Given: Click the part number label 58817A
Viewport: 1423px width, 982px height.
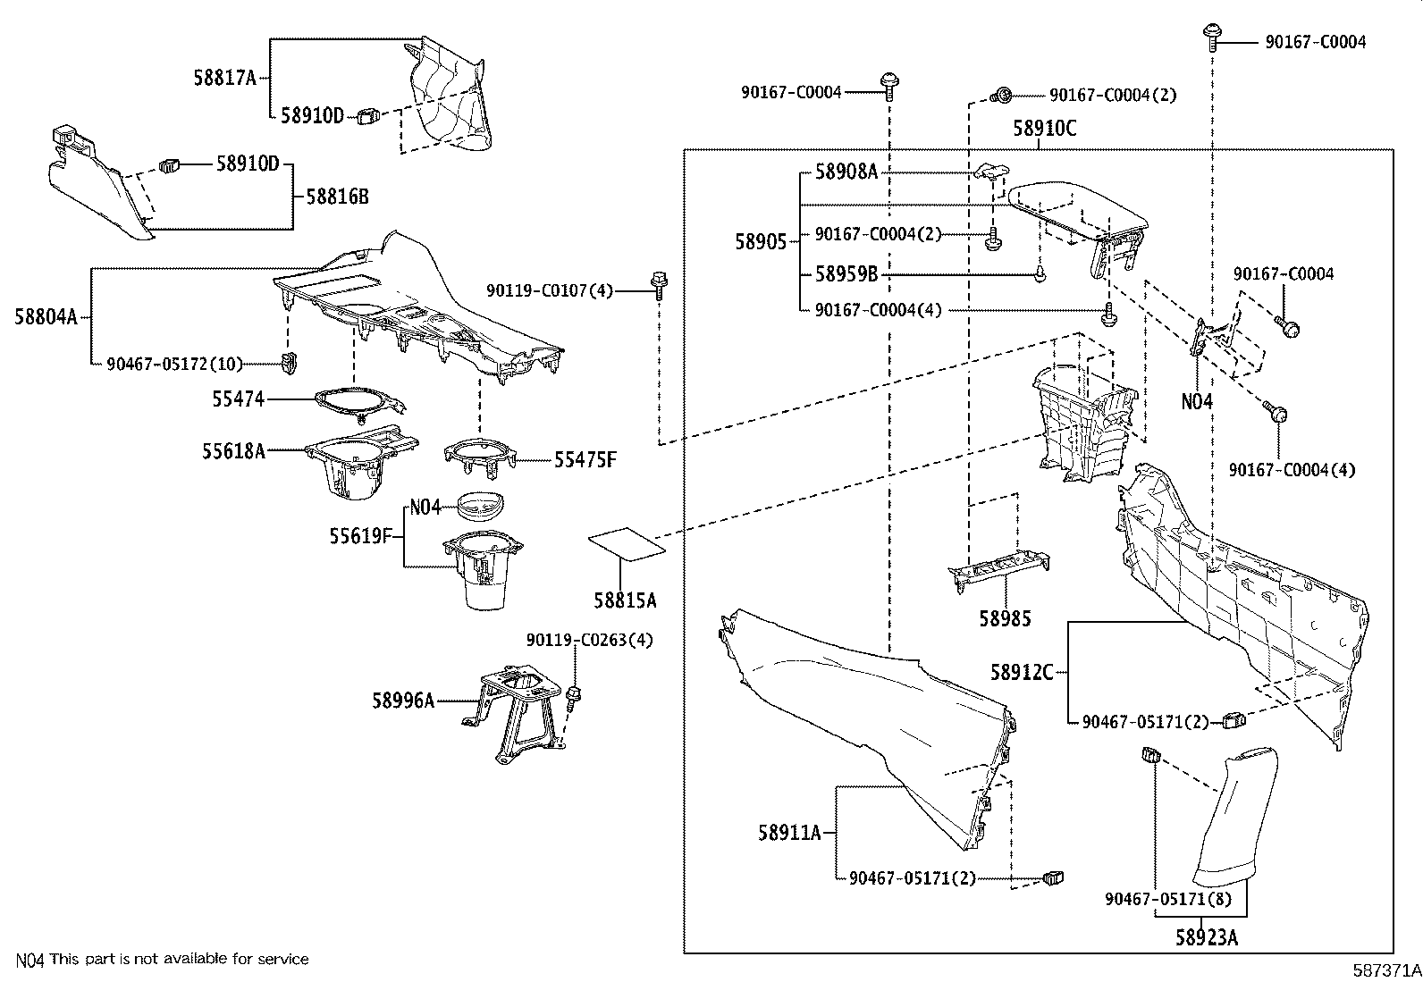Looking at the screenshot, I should (x=224, y=78).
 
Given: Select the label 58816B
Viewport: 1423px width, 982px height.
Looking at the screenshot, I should (x=337, y=197).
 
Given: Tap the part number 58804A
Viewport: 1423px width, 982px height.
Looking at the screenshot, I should (x=46, y=315).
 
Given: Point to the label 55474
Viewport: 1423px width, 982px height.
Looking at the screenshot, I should (x=238, y=399).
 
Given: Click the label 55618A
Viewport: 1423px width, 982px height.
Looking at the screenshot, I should (x=232, y=452).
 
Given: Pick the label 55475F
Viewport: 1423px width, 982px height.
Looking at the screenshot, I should (x=585, y=460).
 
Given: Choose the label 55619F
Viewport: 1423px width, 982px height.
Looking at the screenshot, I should (x=361, y=536).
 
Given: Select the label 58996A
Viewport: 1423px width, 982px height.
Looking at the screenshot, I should (x=403, y=701).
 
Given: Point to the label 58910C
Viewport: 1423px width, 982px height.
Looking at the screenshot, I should (x=1044, y=129).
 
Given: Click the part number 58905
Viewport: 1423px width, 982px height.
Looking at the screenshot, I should (x=761, y=241).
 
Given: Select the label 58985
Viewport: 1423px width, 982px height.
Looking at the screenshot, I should (x=1005, y=617).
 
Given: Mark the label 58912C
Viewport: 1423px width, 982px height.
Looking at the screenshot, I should (x=1022, y=671).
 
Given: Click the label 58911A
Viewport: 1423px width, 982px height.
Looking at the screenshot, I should (x=789, y=833).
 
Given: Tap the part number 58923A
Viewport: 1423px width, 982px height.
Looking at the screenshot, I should (x=1207, y=937).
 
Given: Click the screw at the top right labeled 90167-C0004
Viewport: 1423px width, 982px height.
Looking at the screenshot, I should (x=1213, y=36).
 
